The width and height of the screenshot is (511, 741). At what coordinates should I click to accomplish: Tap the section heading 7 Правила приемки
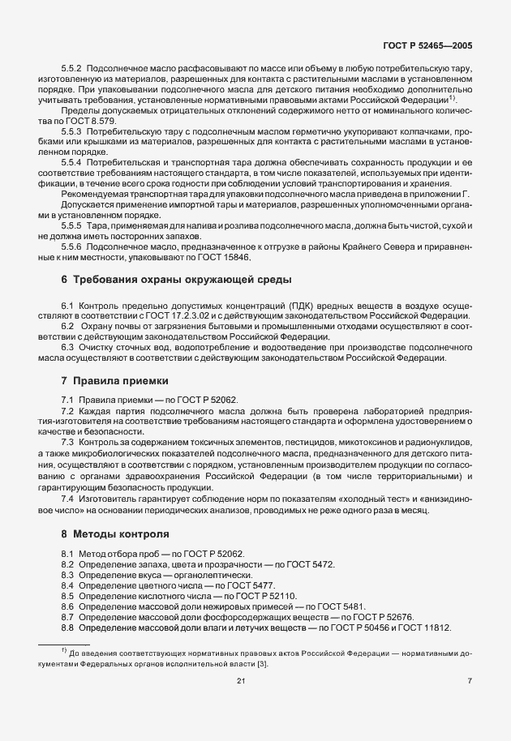[x=118, y=379]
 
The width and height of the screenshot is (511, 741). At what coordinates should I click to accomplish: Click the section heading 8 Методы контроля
[x=115, y=534]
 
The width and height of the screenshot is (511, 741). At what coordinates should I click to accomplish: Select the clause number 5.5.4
[x=72, y=162]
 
